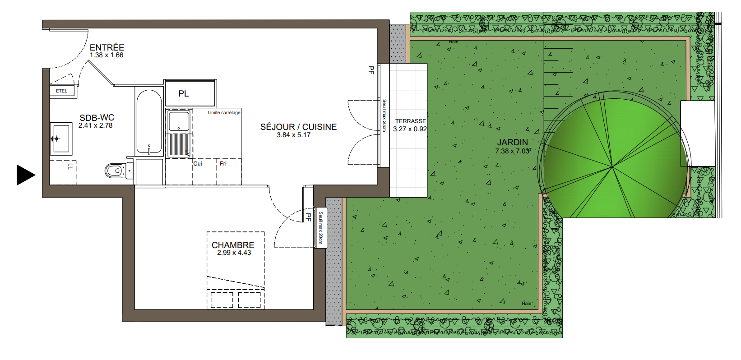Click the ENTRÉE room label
107,48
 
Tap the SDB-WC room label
97,118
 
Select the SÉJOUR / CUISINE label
298,127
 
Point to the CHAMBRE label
233,245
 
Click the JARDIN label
513,143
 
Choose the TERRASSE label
411,121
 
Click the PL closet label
184,94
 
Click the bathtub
149,122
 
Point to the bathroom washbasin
61,138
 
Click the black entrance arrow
26,175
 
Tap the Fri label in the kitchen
223,164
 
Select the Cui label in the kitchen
198,164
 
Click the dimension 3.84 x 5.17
294,135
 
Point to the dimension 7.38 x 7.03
512,151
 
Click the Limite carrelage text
224,113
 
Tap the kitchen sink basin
179,121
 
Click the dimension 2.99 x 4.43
234,253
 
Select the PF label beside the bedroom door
308,217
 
